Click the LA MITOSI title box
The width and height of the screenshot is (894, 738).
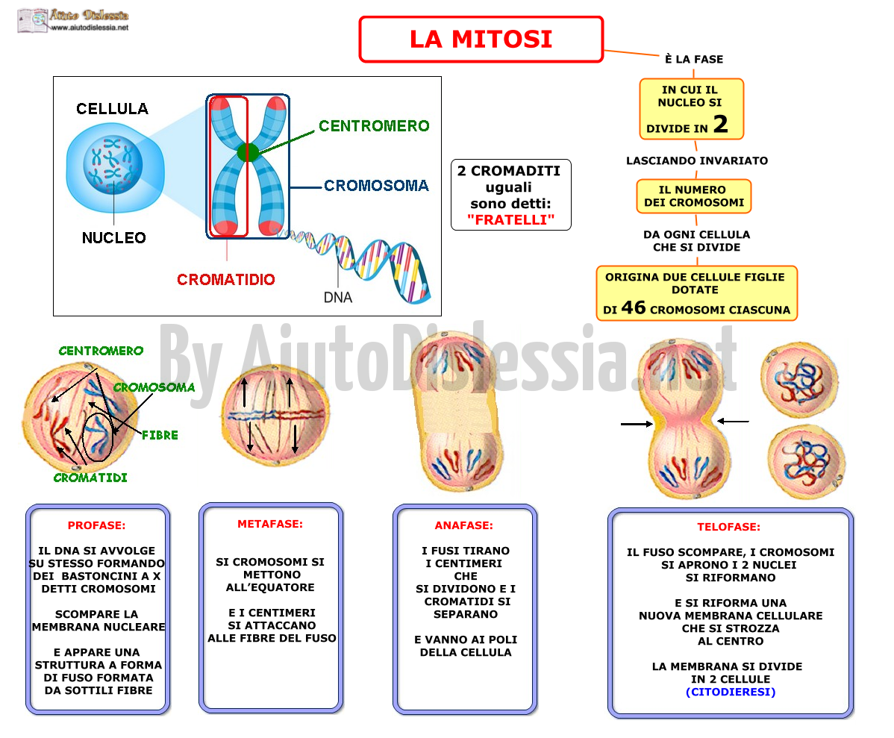[481, 39]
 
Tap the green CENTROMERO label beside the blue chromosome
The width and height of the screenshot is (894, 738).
[374, 125]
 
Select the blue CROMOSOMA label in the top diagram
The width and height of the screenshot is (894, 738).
[376, 185]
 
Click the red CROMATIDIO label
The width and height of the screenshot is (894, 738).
[226, 280]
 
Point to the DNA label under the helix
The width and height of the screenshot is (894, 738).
[338, 297]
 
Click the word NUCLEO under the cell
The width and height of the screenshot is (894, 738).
[114, 238]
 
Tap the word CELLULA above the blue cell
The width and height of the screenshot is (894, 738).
[113, 108]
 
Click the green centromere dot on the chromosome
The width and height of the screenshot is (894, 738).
[248, 152]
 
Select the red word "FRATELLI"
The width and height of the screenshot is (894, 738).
[511, 219]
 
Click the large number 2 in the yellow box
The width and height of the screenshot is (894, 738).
[721, 124]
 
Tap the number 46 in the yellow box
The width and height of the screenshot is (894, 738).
[634, 307]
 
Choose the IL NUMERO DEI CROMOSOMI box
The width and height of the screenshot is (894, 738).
[694, 196]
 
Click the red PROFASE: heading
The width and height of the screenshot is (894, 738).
[96, 525]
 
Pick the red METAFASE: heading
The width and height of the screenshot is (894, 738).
[270, 524]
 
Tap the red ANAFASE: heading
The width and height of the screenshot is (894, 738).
[464, 525]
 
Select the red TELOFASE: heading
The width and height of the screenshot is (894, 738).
[728, 527]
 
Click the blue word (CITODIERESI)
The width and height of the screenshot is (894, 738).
[731, 692]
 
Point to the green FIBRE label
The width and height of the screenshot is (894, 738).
[160, 435]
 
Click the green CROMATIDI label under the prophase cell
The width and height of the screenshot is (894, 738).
[90, 478]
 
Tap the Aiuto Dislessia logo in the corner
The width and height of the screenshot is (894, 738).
[73, 21]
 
